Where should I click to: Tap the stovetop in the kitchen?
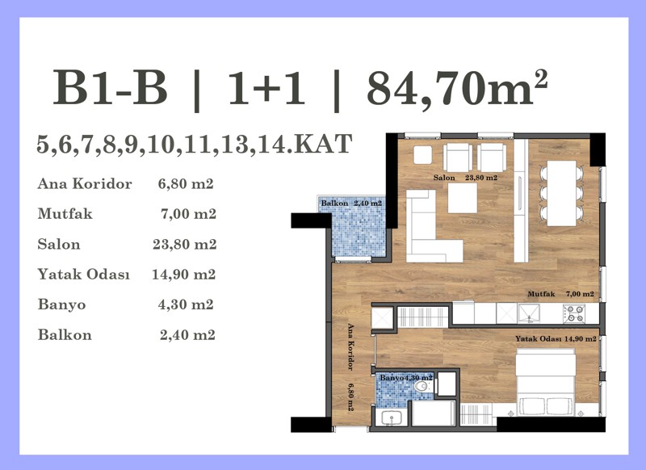pos(574,313)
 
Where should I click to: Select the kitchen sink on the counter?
pos(529,313)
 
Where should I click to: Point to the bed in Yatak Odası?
pos(546,382)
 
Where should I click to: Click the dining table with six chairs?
pos(561,193)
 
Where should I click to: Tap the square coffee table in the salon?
pos(462,198)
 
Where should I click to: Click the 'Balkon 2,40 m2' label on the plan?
pos(351,203)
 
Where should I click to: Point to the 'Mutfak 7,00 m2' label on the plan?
pos(560,294)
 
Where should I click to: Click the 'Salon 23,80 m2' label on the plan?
pos(466,178)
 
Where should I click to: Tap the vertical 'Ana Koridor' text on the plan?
pos(350,346)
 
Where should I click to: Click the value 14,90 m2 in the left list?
pos(184,275)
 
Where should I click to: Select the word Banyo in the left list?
pos(62,304)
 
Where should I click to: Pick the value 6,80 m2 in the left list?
pos(186,183)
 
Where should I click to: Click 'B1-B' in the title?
pos(110,88)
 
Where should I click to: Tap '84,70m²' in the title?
pos(457,87)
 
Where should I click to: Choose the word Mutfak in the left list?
pos(65,214)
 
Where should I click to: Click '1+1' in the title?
pos(266,88)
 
